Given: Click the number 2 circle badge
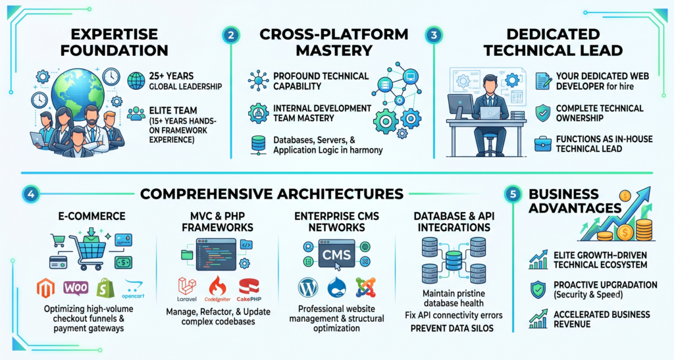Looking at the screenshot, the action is (231, 35).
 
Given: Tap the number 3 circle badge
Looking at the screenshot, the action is (434, 35).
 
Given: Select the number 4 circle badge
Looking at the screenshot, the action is (31, 194).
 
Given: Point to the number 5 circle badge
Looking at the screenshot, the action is (513, 194).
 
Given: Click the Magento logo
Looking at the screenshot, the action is (45, 289).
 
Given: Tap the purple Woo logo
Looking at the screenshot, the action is (76, 288).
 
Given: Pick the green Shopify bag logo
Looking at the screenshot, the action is (106, 288).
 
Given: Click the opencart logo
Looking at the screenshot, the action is (133, 290).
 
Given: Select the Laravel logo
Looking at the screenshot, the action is (187, 290).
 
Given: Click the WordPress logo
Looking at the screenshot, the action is (308, 288).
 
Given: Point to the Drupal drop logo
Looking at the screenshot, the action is (336, 288).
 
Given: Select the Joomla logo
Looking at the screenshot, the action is (366, 288).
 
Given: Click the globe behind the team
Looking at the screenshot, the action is (78, 93).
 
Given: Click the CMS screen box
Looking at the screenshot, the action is (336, 254).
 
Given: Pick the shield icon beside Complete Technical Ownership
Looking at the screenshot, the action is (543, 113).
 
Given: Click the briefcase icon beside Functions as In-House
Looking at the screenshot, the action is (543, 144).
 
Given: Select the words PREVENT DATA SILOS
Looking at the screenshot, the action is (452, 328).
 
